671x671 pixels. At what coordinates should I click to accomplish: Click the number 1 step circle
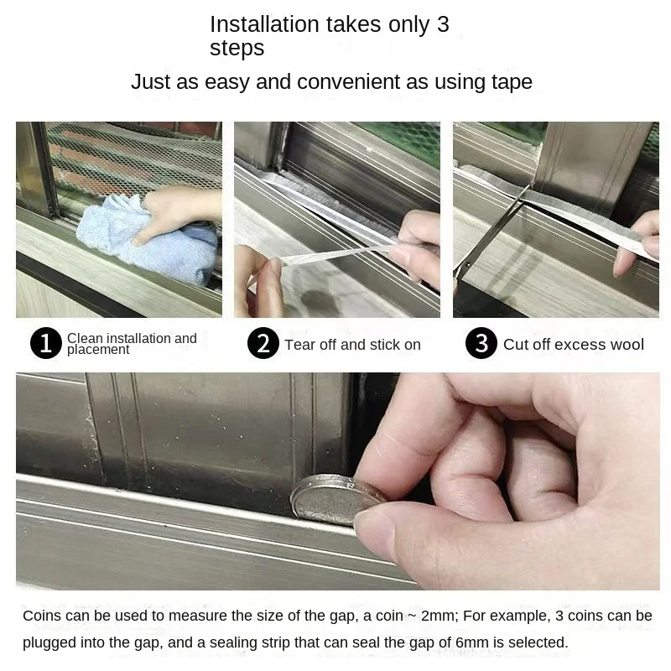(46, 344)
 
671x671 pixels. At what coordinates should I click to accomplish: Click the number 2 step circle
(263, 344)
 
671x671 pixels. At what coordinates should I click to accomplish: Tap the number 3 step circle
(481, 344)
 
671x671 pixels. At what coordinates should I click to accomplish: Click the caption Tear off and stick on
(352, 345)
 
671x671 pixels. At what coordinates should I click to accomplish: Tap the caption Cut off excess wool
(574, 345)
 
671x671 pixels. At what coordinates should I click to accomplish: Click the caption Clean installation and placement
(132, 344)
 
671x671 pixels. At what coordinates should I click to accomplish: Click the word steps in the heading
(237, 49)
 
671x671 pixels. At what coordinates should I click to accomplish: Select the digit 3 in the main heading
(443, 24)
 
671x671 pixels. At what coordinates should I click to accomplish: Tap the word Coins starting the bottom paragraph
(42, 616)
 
